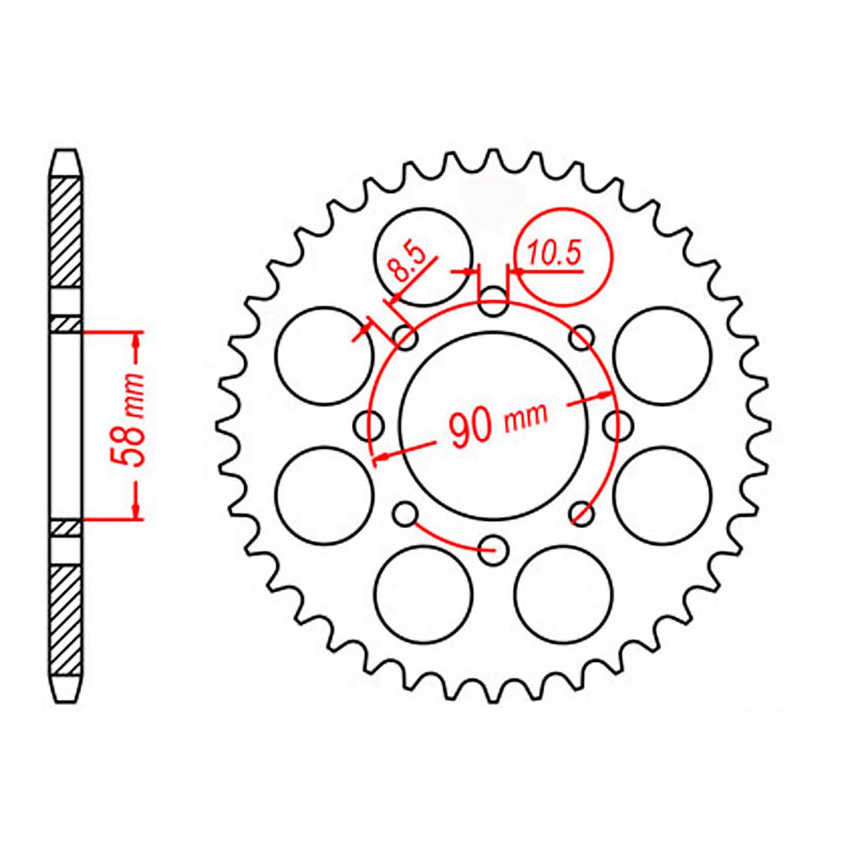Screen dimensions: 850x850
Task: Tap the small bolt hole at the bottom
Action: [493, 550]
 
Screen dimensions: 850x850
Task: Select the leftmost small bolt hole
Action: [369, 426]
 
